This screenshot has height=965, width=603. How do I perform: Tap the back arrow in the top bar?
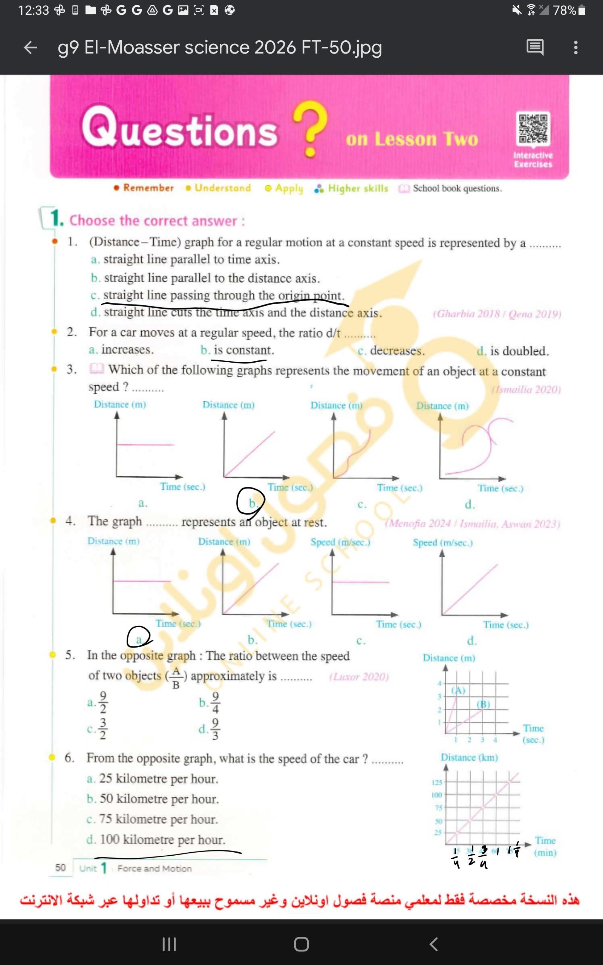pyautogui.click(x=31, y=47)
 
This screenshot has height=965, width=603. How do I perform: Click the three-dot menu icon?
pyautogui.click(x=575, y=47)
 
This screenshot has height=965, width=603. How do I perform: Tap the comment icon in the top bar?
pyautogui.click(x=535, y=47)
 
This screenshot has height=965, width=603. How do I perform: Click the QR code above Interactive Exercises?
pyautogui.click(x=533, y=129)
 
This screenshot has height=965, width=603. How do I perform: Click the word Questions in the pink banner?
pyautogui.click(x=179, y=129)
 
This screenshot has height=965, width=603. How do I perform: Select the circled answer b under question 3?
pyautogui.click(x=251, y=502)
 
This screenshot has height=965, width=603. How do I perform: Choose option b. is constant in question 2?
pyautogui.click(x=238, y=350)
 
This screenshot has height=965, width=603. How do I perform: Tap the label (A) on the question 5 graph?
pyautogui.click(x=458, y=690)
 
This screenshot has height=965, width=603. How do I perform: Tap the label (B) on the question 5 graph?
pyautogui.click(x=484, y=704)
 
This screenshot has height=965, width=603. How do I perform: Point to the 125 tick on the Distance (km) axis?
pyautogui.click(x=437, y=783)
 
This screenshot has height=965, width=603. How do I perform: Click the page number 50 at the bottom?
pyautogui.click(x=60, y=868)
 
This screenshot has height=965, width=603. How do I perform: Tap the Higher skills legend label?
pyautogui.click(x=358, y=188)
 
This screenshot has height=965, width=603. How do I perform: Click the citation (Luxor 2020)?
pyautogui.click(x=358, y=677)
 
